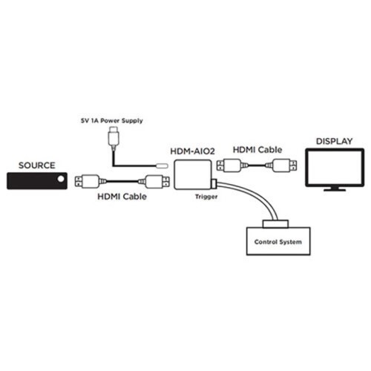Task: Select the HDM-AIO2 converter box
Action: tap(192, 177)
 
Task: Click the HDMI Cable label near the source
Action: tap(122, 197)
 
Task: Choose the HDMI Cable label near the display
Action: tap(257, 151)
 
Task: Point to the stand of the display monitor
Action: tap(334, 188)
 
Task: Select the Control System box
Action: tap(278, 241)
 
